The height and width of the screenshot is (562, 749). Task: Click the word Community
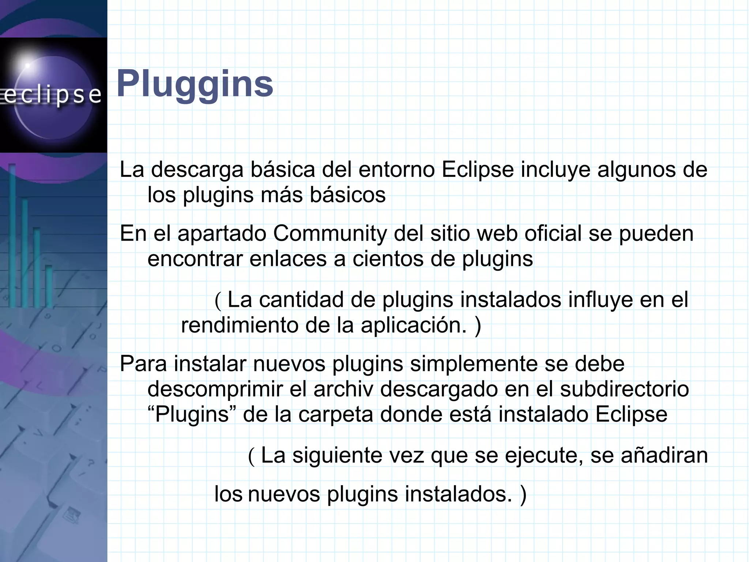coord(330,234)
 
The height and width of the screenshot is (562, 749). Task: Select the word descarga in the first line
coord(197,170)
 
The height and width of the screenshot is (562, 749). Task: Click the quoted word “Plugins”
coord(192,415)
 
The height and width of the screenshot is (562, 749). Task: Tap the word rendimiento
coord(240,325)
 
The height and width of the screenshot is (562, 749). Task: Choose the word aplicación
coord(414,326)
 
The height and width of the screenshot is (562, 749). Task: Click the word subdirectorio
coord(624,389)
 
